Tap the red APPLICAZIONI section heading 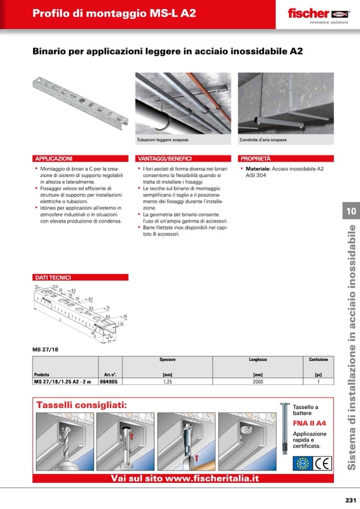(54, 158)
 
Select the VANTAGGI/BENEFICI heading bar (165, 158)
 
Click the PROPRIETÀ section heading (256, 158)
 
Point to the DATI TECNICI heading (53, 277)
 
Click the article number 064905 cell (108, 381)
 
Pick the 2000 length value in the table (258, 381)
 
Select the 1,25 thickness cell (167, 381)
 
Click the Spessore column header (167, 360)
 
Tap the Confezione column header (319, 360)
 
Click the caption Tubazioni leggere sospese (163, 140)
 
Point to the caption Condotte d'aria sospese (264, 140)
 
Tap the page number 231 (350, 499)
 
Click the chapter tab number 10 (352, 211)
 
